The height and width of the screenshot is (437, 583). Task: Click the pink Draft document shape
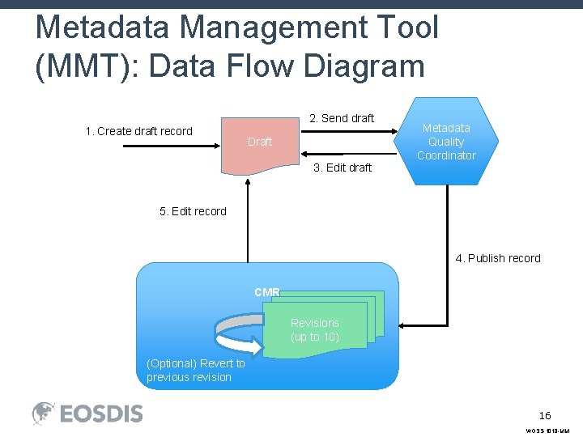259,143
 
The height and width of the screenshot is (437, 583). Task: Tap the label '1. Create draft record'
139,131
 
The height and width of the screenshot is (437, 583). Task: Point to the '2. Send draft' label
342,118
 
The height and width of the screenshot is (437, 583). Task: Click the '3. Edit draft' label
342,168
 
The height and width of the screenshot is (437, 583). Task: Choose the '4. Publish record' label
497,258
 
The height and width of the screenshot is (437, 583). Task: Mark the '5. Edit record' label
193,211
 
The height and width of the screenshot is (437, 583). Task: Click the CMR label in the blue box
266,291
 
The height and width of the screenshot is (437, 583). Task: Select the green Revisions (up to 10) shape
316,329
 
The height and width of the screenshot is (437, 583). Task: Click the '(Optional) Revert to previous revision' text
195,371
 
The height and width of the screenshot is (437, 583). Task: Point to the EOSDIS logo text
102,414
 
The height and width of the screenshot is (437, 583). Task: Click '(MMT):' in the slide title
87,65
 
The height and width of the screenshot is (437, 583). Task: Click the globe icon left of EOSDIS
44,414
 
